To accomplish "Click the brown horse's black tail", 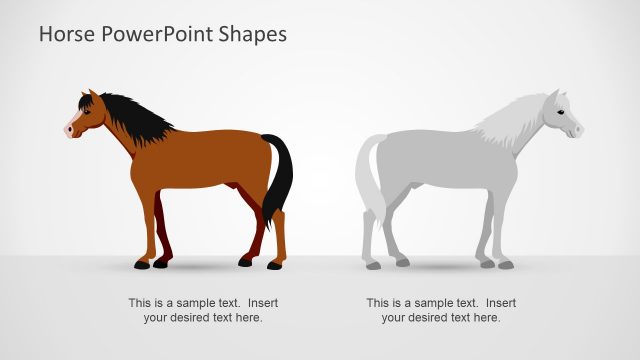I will point(281,175).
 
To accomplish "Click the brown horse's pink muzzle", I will point(70,128).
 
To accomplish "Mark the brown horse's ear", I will point(94,96).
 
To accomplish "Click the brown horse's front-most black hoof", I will point(141,265).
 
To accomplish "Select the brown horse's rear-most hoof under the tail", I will point(275,265).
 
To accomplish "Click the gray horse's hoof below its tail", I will point(373,265).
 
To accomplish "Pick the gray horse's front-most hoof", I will point(506,265).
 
